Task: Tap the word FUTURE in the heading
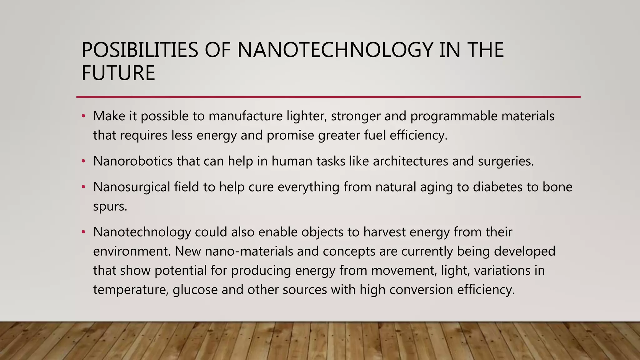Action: (118, 73)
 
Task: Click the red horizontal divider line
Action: (328, 97)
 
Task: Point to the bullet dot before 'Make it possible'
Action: (83, 116)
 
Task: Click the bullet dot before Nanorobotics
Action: (83, 161)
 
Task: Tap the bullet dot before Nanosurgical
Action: (83, 187)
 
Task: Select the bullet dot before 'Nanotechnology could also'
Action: (83, 232)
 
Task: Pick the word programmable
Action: (454, 116)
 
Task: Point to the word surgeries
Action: (506, 161)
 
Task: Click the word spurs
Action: (110, 207)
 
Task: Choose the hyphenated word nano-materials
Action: (249, 251)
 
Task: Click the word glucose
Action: (195, 290)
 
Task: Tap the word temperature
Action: (131, 290)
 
